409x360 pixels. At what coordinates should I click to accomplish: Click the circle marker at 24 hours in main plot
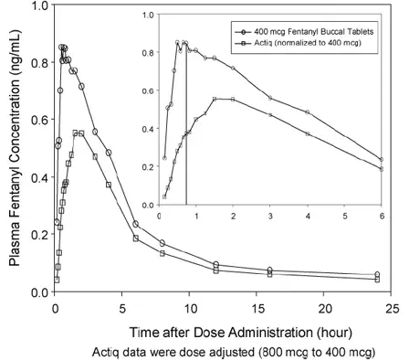tap(377, 274)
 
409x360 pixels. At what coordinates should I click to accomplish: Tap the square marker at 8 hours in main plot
tap(163, 253)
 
